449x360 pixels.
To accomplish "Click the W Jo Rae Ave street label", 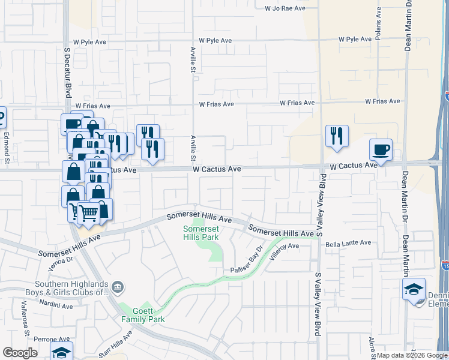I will (x=285, y=8).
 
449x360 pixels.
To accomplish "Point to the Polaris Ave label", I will (x=378, y=25).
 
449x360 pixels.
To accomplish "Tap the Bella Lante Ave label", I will (x=345, y=245).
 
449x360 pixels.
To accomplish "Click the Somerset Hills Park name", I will (x=201, y=232).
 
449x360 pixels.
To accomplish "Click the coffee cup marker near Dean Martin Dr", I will (x=380, y=149).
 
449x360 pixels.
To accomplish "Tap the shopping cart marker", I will (x=88, y=212).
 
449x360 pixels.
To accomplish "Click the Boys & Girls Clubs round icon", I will (x=118, y=287).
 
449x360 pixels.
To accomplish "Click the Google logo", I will (x=20, y=353).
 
